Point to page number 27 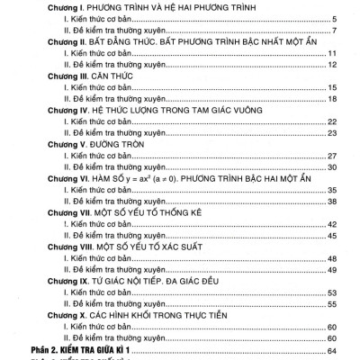click(331, 155)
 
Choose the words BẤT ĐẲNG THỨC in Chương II click(134, 42)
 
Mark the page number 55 click(331, 305)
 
